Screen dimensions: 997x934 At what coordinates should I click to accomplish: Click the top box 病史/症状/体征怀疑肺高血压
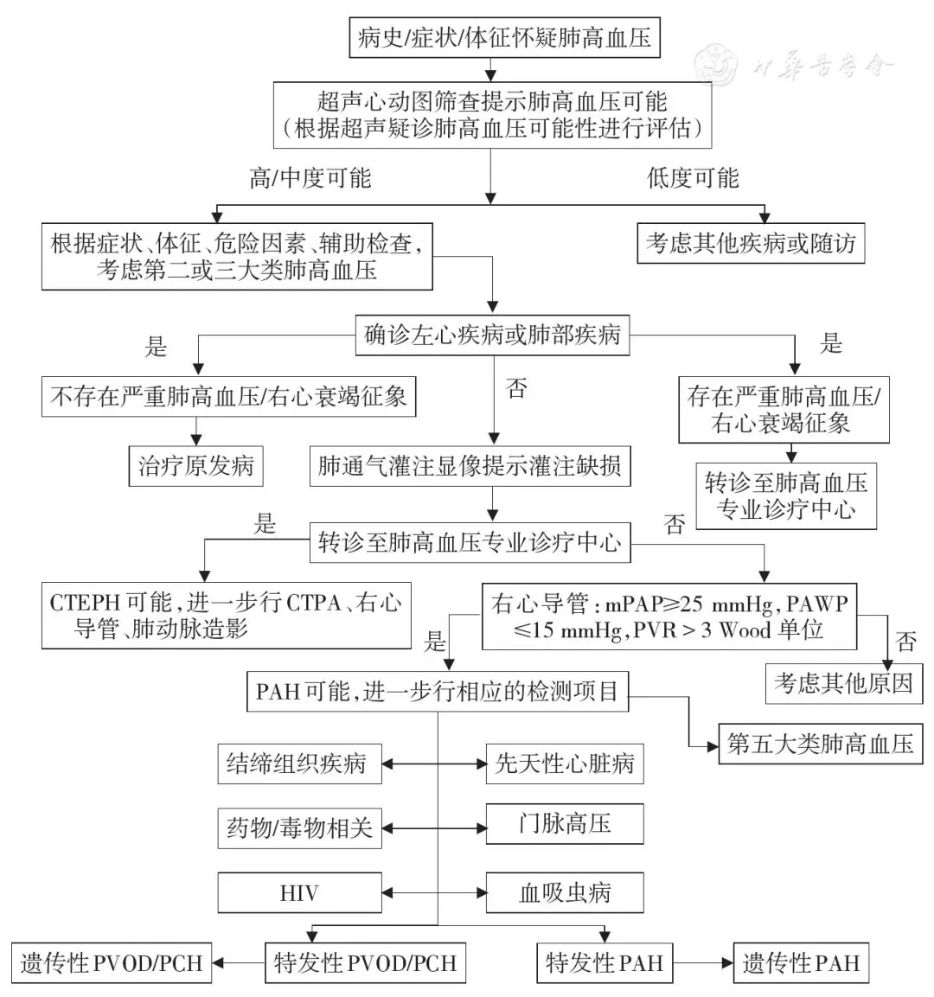pyautogui.click(x=504, y=37)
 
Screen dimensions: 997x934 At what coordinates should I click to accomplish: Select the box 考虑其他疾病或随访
pyautogui.click(x=751, y=243)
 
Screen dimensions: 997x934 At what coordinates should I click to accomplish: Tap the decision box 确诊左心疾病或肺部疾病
pyautogui.click(x=492, y=335)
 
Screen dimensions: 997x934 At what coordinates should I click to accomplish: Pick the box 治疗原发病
pyautogui.click(x=195, y=466)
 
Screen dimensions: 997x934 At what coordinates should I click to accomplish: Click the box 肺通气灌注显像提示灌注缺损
pyautogui.click(x=470, y=466)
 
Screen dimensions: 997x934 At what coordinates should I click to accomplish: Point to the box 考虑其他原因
pyautogui.click(x=843, y=683)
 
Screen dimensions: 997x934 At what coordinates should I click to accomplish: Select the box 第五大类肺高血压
pyautogui.click(x=820, y=744)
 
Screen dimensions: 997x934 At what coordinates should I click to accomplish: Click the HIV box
pyautogui.click(x=299, y=892)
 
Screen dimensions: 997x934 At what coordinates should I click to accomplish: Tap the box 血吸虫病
pyautogui.click(x=564, y=892)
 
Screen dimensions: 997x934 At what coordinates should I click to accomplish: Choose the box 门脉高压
pyautogui.click(x=564, y=823)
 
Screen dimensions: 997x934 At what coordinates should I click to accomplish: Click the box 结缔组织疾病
pyautogui.click(x=298, y=764)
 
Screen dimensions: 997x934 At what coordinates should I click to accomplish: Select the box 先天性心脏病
pyautogui.click(x=564, y=764)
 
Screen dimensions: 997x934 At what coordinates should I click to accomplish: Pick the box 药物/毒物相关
pyautogui.click(x=298, y=828)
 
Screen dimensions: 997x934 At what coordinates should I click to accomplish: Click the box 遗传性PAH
pyautogui.click(x=800, y=962)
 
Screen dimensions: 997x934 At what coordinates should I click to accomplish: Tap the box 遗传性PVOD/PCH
pyautogui.click(x=111, y=962)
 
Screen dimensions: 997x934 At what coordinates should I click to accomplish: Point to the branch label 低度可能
pyautogui.click(x=693, y=178)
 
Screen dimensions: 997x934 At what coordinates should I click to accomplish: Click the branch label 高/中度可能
pyautogui.click(x=310, y=178)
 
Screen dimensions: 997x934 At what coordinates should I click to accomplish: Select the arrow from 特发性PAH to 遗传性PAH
pyautogui.click(x=702, y=962)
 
